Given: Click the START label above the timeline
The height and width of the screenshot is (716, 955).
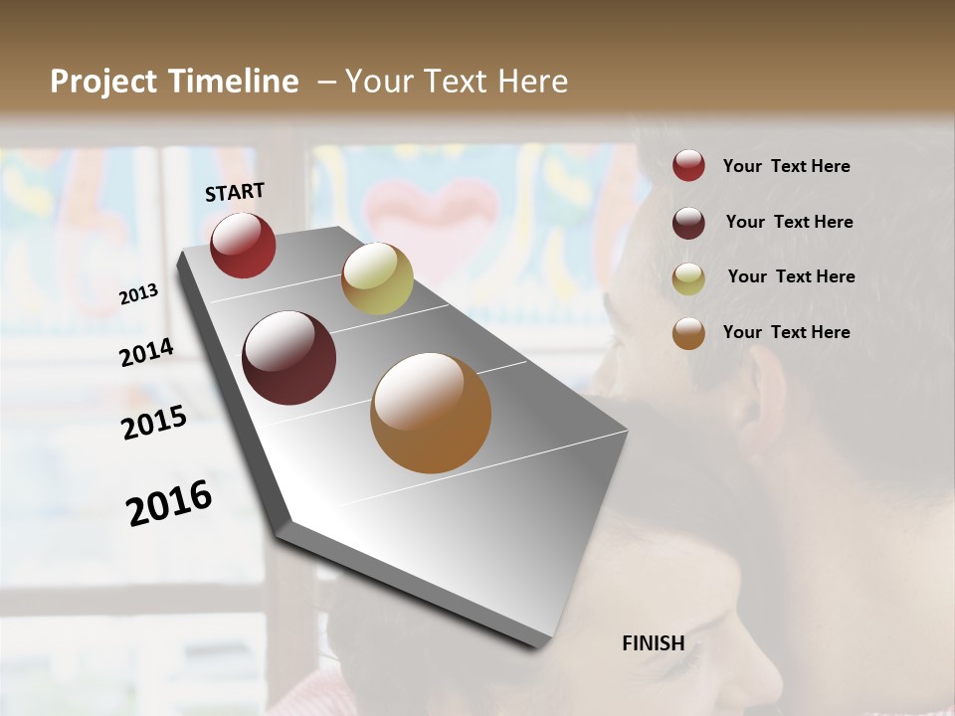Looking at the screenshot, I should click(x=235, y=192).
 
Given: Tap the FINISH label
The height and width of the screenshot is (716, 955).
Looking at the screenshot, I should click(x=654, y=643).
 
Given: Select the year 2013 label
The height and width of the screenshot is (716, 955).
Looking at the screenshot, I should click(x=139, y=294).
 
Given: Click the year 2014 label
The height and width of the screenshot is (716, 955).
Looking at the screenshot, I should click(x=147, y=353).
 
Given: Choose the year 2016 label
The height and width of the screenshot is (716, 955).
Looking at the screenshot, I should click(x=169, y=503).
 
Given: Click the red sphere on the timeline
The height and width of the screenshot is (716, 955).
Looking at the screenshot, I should click(x=243, y=245).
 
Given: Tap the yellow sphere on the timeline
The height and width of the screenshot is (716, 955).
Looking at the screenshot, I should click(x=377, y=278).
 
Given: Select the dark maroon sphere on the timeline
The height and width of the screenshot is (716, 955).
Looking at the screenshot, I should click(x=289, y=358).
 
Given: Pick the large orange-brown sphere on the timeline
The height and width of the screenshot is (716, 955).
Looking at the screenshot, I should click(x=431, y=413).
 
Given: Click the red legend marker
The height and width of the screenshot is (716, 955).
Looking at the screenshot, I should click(x=688, y=166).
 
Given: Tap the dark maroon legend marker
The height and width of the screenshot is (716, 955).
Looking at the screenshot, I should click(x=688, y=223).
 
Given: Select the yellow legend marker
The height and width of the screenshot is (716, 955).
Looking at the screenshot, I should click(x=688, y=278).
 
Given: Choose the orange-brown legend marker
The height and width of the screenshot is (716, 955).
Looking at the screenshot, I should click(x=688, y=333).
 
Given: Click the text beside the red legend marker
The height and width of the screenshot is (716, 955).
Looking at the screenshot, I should click(x=786, y=167).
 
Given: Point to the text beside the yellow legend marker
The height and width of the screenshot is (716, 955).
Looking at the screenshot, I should click(x=791, y=276).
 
